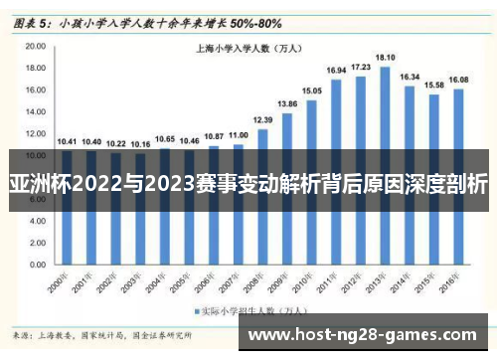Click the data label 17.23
coord(361,67)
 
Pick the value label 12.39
coord(263,119)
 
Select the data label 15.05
coord(312,90)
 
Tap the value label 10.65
coord(166,138)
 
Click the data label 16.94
coord(336,70)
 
